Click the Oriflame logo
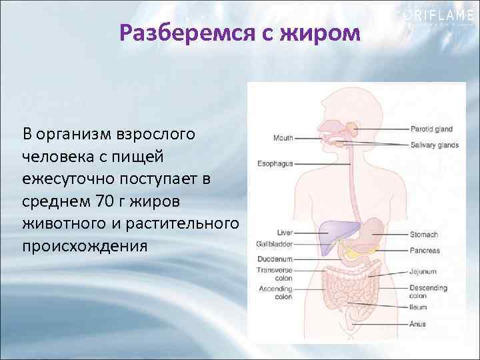[x=436, y=15]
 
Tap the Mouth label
[x=283, y=138]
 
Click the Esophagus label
[x=275, y=163]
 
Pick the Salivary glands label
[x=435, y=145]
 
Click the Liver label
[x=285, y=233]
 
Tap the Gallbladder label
[x=275, y=244]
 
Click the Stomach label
[x=425, y=235]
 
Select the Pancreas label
[x=425, y=251]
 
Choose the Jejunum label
[x=423, y=271]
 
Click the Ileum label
[x=419, y=307]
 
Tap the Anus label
[x=417, y=324]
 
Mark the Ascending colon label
[x=275, y=293]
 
